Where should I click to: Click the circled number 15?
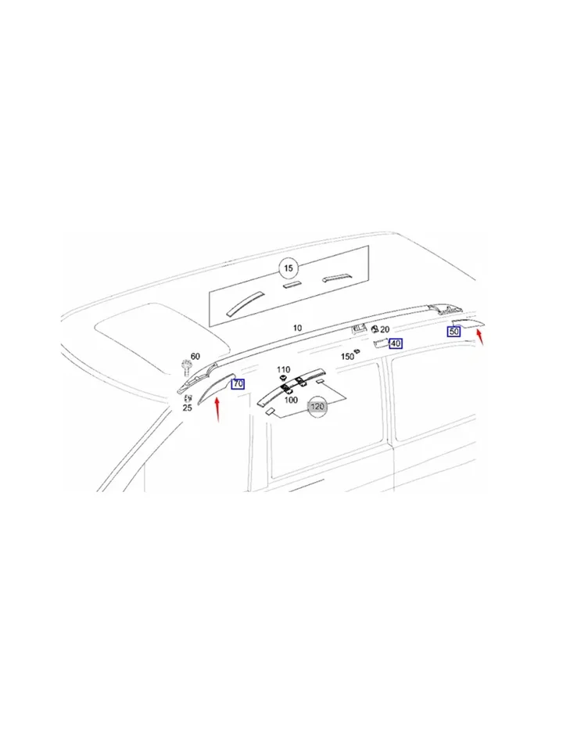[x=289, y=268]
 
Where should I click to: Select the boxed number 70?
[x=238, y=383]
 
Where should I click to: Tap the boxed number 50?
[x=454, y=331]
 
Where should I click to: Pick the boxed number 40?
[x=396, y=343]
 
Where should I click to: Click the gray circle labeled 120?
[x=317, y=407]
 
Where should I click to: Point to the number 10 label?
[x=297, y=328]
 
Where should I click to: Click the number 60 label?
[x=195, y=357]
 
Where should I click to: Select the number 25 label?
[x=187, y=408]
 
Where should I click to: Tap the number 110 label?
[x=283, y=370]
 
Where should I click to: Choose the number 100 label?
[x=291, y=400]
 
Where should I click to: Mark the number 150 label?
[x=347, y=357]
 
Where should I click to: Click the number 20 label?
[x=385, y=330]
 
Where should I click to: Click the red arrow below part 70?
[x=217, y=410]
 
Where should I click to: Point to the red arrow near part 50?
[x=480, y=336]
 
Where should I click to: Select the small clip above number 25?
[x=187, y=397]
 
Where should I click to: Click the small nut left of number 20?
[x=375, y=329]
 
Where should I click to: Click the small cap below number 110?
[x=282, y=379]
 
